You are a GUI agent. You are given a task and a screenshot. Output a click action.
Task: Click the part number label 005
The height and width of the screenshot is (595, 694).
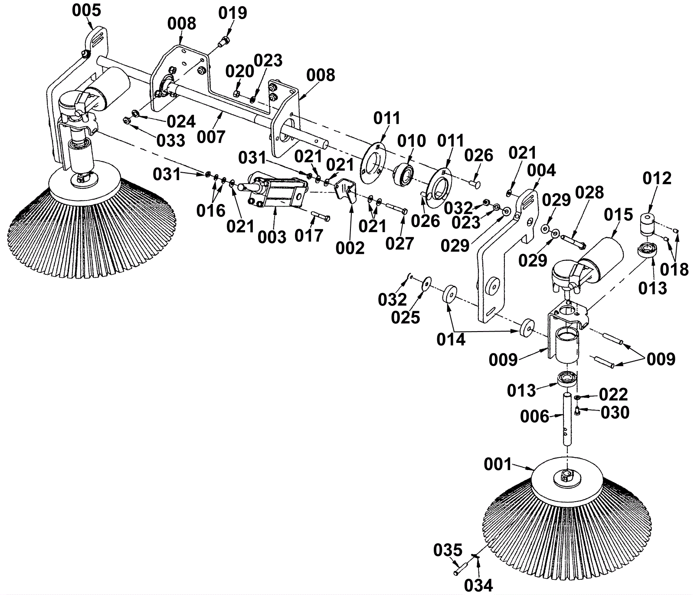pos(86,10)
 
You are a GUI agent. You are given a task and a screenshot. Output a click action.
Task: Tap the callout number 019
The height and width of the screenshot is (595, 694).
pos(232,13)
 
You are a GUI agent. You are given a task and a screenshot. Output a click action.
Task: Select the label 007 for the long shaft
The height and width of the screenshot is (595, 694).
pos(211,137)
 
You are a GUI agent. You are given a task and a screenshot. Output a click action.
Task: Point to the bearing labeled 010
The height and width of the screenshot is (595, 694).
pos(404,173)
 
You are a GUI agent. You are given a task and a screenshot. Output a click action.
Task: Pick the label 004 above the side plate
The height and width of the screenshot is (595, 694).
pos(541,171)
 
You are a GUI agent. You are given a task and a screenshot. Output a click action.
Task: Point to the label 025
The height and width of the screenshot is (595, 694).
pos(406,317)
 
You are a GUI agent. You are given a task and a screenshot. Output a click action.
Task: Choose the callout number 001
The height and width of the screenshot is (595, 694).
pos(498,464)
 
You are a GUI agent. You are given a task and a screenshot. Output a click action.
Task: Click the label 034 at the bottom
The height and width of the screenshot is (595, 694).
pos(478,585)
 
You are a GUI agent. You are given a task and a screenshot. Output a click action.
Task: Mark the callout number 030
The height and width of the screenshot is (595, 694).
pos(615,412)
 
